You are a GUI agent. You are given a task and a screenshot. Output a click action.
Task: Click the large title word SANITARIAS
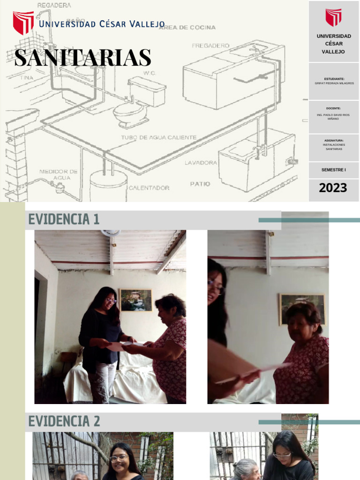point(82,58)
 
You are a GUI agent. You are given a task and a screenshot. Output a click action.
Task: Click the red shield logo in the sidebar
point(333,18)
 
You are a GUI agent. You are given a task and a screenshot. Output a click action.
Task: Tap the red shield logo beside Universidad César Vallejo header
point(23,23)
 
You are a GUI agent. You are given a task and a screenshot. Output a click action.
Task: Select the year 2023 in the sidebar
point(333,188)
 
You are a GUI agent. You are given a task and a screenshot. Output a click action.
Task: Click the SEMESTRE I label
point(333,170)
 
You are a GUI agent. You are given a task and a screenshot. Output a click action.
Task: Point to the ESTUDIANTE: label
point(334,79)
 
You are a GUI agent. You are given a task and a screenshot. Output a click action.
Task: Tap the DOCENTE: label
point(333,108)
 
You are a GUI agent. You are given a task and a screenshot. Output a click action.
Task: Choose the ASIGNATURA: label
point(333,140)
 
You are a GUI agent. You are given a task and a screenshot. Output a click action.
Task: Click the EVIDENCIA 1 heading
point(64,219)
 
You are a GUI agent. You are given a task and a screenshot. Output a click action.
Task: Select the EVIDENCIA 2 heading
point(64,421)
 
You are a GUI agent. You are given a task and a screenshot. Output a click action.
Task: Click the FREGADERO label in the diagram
point(210,45)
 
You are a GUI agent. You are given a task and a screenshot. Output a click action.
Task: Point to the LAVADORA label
point(201,163)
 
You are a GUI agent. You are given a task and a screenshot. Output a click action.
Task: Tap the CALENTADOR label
point(149,187)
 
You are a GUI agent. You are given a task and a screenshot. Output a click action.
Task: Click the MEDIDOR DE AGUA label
point(59,174)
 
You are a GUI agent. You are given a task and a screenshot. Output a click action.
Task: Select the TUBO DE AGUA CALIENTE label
point(158,137)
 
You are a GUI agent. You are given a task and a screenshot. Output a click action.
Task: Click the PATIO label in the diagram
point(200,184)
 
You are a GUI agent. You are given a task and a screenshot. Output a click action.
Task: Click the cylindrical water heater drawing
point(108,185)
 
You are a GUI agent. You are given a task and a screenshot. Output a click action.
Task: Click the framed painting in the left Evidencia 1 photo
point(135,300)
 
